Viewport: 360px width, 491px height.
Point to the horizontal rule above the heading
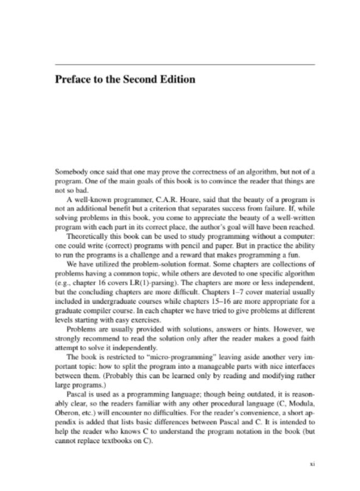[185, 64]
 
